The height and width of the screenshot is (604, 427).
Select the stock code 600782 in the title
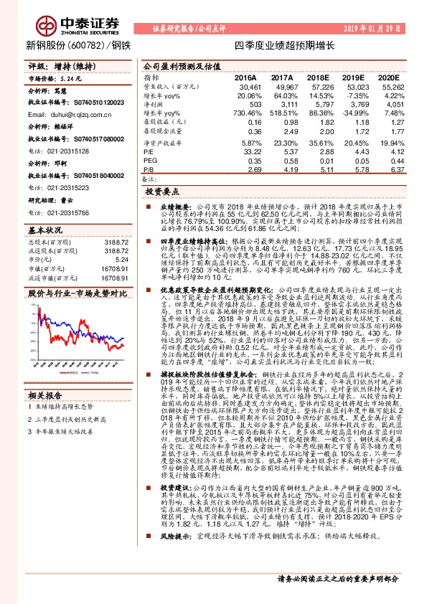(x=90, y=45)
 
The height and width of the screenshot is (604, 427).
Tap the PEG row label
(x=151, y=161)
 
